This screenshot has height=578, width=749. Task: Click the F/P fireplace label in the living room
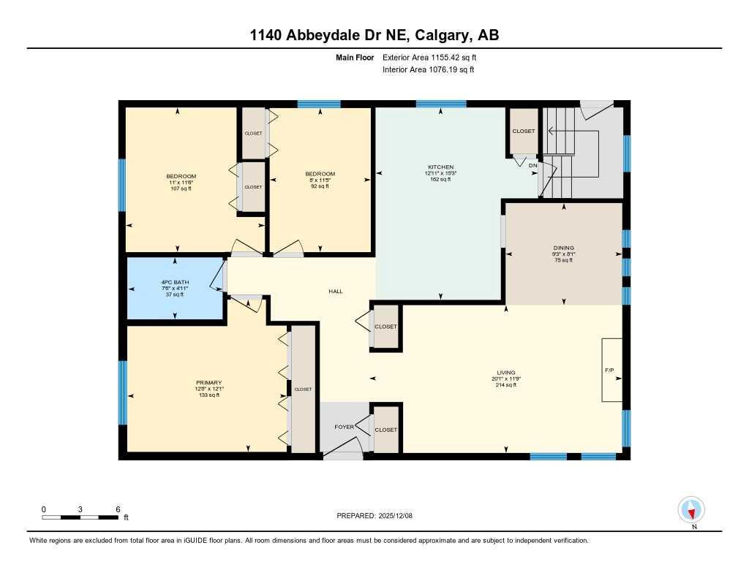pos(609,370)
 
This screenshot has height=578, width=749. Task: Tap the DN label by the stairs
pos(532,166)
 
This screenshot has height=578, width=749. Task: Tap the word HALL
pos(335,291)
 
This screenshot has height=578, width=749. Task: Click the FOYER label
pos(345,426)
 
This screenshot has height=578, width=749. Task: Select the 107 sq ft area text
pos(181,189)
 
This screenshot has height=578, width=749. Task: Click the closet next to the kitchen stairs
pos(523,131)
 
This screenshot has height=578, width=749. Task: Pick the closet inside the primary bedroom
pos(303,389)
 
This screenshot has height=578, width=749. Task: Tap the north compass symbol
pos(691,510)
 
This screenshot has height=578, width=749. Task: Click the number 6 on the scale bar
pos(117,509)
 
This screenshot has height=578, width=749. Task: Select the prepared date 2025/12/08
pos(399,516)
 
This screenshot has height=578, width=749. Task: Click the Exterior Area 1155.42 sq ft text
pos(430,57)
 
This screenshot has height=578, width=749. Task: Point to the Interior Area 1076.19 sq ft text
pos(428,69)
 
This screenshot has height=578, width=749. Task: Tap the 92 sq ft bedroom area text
pos(320,186)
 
